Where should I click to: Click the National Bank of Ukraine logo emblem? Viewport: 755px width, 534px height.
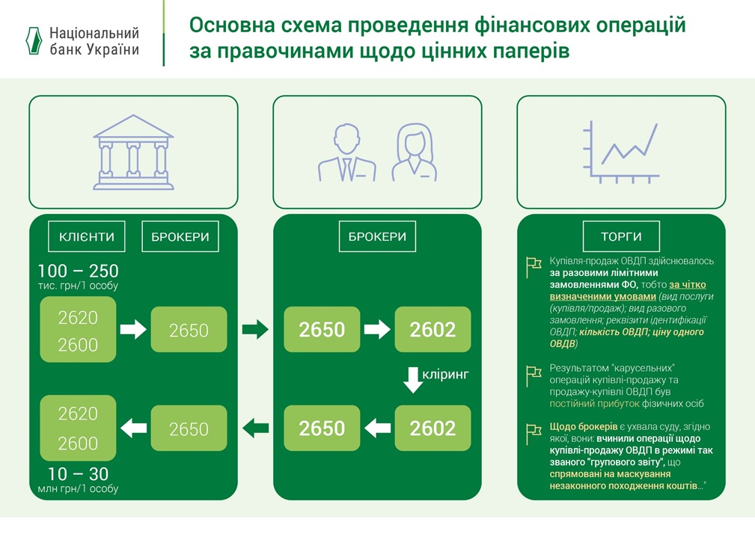pyautogui.click(x=32, y=40)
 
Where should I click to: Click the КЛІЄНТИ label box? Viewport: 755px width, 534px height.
pyautogui.click(x=86, y=237)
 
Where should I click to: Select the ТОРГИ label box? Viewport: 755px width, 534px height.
pyautogui.click(x=620, y=237)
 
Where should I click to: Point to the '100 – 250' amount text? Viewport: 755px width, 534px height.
pyautogui.click(x=79, y=271)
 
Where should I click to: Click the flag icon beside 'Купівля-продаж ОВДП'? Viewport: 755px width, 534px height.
pyautogui.click(x=533, y=263)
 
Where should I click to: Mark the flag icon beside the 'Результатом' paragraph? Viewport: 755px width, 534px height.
pyautogui.click(x=533, y=371)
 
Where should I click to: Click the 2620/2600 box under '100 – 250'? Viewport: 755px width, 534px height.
pyautogui.click(x=79, y=331)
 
